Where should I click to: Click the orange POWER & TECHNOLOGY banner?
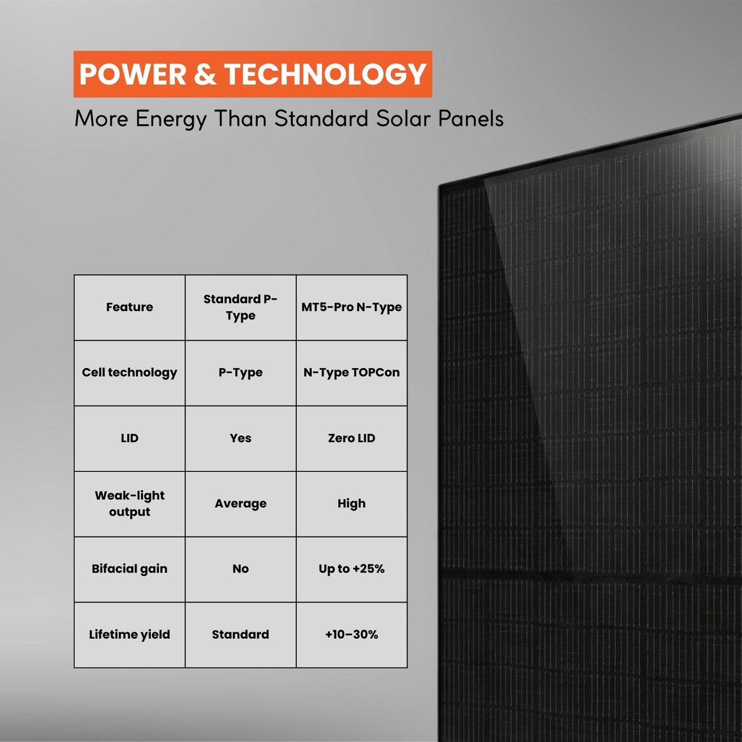(252, 74)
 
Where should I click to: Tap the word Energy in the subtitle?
(171, 119)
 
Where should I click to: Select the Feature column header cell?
(130, 307)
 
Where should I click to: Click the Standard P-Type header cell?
(240, 307)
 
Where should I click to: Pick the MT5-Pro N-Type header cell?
(351, 307)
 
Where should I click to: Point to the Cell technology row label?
(130, 373)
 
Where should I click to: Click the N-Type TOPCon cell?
(351, 373)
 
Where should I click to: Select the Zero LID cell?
(351, 438)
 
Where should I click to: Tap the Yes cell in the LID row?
(240, 438)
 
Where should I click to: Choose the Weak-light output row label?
(130, 504)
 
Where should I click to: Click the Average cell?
(240, 504)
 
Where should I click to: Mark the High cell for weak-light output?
(351, 504)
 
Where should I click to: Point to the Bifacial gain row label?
(130, 569)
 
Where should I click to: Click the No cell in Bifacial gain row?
(240, 569)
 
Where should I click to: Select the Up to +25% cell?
(351, 569)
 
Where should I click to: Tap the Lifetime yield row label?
(130, 634)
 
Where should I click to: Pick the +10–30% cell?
(351, 634)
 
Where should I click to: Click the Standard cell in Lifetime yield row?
(240, 634)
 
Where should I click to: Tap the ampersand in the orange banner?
(205, 75)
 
